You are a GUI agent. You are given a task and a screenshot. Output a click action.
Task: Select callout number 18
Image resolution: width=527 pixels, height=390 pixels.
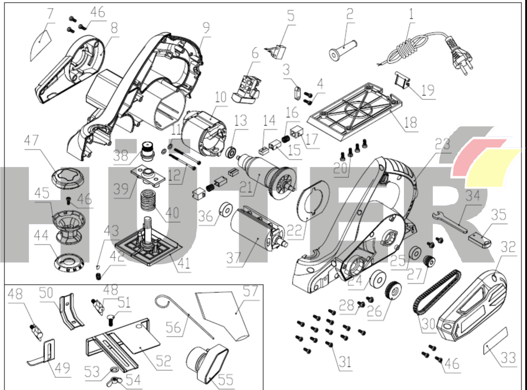410,122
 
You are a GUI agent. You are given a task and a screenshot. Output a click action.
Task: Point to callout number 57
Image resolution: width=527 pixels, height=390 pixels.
251,291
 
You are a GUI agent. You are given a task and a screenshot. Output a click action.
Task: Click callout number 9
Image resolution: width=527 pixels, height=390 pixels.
206,28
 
